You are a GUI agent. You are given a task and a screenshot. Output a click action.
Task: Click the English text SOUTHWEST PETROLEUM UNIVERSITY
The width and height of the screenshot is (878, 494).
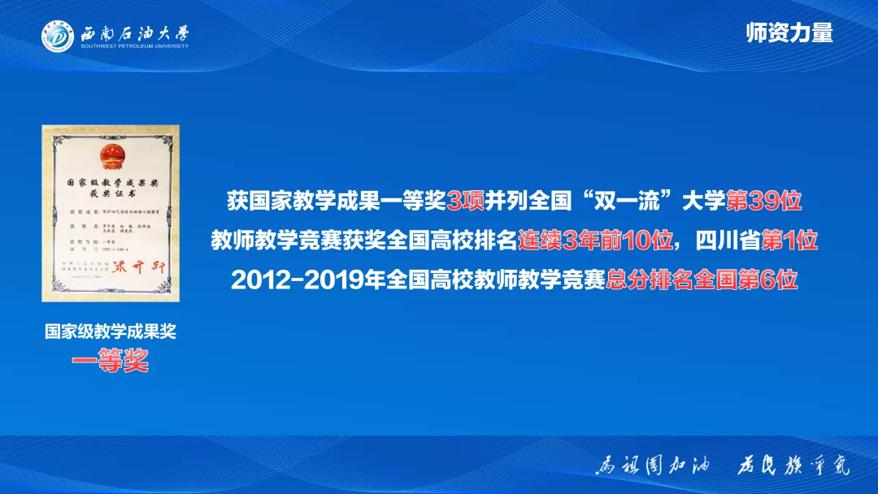point(134,46)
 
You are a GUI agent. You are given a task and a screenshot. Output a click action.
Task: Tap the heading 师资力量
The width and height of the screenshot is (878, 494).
point(789,32)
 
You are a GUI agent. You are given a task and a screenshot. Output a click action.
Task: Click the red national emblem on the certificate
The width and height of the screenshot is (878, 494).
point(110,155)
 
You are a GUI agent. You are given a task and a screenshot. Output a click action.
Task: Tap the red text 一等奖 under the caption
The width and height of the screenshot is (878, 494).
point(111,362)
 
